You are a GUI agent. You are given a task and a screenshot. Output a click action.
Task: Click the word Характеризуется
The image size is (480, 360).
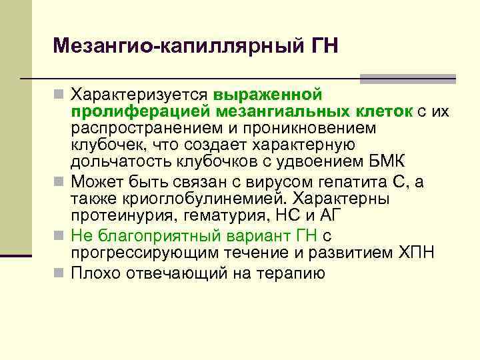click(141, 93)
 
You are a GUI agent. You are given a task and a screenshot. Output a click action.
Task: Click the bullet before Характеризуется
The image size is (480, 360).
click(60, 93)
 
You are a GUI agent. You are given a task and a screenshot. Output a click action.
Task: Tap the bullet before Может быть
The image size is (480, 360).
click(60, 181)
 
